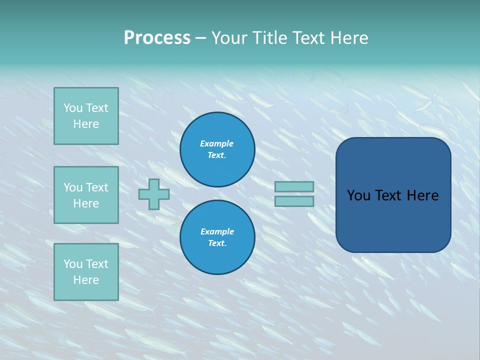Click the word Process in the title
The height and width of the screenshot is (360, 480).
[157, 38]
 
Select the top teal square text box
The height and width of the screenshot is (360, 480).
[86, 116]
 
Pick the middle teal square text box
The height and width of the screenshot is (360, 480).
[86, 195]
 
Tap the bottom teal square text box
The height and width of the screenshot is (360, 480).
[86, 272]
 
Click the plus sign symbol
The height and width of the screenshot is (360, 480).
[154, 194]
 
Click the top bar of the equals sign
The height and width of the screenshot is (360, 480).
[294, 186]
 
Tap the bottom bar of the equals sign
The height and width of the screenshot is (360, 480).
[294, 201]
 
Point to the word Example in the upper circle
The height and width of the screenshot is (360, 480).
[216, 143]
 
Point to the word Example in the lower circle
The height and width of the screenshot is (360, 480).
[217, 231]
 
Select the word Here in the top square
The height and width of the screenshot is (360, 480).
[86, 124]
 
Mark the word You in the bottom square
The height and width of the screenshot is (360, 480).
[72, 264]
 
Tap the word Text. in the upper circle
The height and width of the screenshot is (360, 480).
[217, 155]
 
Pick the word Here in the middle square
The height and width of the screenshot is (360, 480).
[86, 203]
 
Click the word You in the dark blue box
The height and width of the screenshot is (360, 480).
[358, 195]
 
